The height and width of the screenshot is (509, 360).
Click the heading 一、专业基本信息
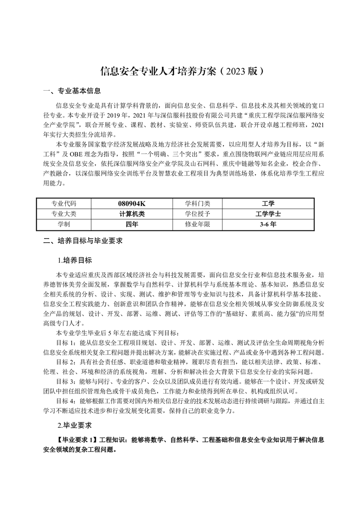[x=72, y=91]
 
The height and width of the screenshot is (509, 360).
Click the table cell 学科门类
[x=197, y=204]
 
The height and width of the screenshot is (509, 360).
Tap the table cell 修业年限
[x=197, y=224]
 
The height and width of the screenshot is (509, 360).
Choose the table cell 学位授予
[x=197, y=214]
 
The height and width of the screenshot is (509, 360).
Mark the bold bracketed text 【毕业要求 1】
[x=76, y=440]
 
